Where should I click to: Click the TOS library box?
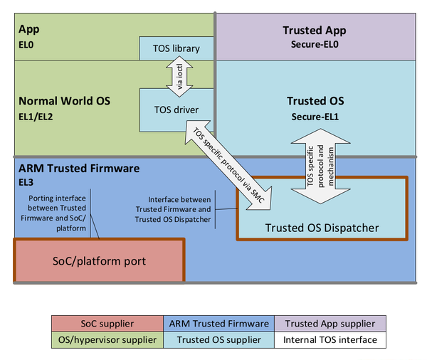pos(175,49)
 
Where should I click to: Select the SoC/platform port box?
pos(99,261)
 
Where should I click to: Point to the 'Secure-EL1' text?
pos(315,116)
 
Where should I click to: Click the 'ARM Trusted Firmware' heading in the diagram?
pos(78,169)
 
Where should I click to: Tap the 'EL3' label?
pos(26,182)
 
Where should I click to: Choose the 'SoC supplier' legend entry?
pos(107,324)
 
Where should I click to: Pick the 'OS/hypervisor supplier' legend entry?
pos(107,339)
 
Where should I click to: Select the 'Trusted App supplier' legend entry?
pos(330,324)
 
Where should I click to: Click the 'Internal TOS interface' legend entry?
pos(330,339)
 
